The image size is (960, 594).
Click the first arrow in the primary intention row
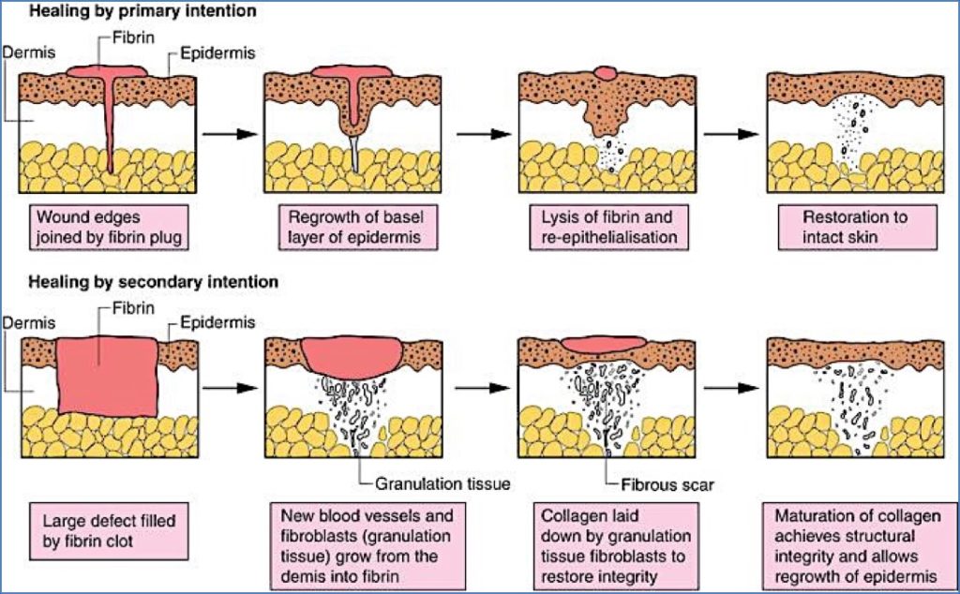pos(229,134)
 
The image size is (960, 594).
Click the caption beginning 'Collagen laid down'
pos(606,542)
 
